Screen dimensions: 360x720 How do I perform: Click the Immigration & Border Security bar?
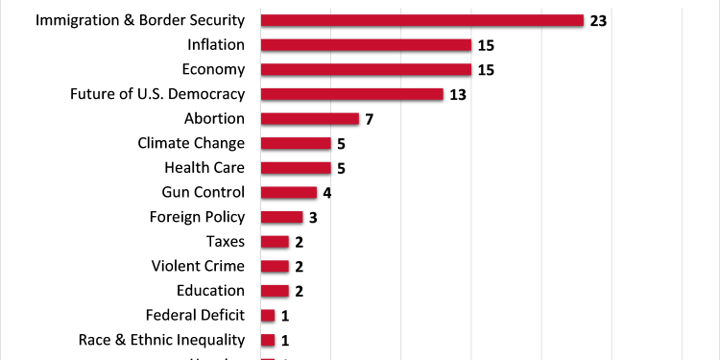(421, 20)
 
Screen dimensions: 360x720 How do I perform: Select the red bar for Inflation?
(366, 45)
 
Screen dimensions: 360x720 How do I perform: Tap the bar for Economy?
(366, 69)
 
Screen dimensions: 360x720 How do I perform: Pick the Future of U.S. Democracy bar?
(351, 94)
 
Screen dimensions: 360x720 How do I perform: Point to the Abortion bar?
(309, 119)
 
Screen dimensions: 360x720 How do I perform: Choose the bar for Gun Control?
(288, 192)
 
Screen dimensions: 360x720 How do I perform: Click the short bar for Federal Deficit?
(268, 315)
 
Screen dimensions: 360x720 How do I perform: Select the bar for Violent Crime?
(275, 266)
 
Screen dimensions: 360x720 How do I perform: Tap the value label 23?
(599, 20)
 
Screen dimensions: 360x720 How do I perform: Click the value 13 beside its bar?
(459, 94)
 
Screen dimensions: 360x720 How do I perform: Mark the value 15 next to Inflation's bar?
(487, 45)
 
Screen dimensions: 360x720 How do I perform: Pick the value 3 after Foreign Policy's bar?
(313, 217)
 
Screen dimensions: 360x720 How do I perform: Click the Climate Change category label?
(191, 143)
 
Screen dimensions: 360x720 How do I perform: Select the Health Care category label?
(204, 168)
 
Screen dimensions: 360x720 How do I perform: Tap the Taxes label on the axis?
(226, 241)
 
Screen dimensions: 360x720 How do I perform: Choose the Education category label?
(210, 291)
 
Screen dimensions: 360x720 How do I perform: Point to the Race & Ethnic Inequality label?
(161, 340)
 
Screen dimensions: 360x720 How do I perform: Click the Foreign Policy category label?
(197, 217)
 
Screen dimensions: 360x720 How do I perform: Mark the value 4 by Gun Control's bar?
(327, 192)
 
